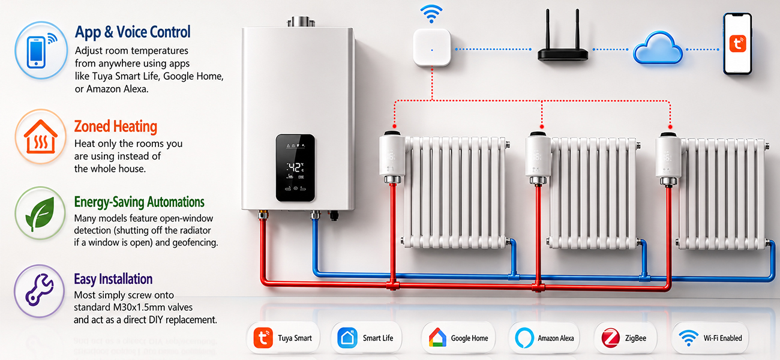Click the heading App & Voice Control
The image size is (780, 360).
click(x=133, y=32)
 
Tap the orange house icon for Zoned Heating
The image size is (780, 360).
click(x=41, y=137)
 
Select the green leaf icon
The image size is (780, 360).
click(x=40, y=214)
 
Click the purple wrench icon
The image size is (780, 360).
click(x=40, y=290)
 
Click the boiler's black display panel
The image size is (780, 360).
click(x=295, y=168)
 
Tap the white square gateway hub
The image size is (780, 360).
click(x=432, y=47)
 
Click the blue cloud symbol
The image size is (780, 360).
click(x=658, y=48)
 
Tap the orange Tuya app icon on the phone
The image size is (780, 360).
click(x=737, y=44)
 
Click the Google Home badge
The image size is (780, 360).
click(x=459, y=338)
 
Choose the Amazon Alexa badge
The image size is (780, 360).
click(x=545, y=338)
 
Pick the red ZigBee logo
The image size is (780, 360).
click(x=610, y=338)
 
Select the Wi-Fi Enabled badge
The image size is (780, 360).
click(x=710, y=338)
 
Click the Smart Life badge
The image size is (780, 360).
click(x=367, y=338)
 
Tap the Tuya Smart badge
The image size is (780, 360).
click(x=283, y=338)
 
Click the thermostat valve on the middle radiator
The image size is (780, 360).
click(x=538, y=157)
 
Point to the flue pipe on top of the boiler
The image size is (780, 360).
click(x=302, y=22)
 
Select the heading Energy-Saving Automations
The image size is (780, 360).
click(x=139, y=202)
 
